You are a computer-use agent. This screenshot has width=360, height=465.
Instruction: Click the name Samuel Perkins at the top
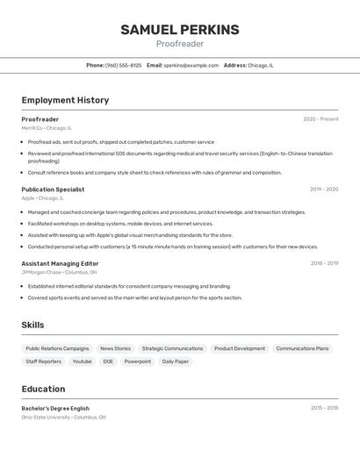[180, 30]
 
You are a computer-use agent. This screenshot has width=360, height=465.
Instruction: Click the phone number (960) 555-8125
[123, 66]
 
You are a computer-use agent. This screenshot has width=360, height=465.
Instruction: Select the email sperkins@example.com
[191, 66]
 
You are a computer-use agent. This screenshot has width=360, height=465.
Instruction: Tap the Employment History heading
[65, 100]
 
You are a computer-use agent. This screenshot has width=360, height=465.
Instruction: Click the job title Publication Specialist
[53, 190]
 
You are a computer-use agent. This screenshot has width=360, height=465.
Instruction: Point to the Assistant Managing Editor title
[60, 263]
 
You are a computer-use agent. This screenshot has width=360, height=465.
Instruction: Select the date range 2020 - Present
[320, 119]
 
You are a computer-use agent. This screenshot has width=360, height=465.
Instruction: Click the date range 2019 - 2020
[324, 190]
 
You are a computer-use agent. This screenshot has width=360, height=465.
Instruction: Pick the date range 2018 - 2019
[324, 263]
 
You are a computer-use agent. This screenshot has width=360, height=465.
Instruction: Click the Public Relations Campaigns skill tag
[57, 348]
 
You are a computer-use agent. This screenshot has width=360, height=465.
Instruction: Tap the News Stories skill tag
[115, 348]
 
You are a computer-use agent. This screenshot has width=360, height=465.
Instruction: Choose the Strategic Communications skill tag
[172, 348]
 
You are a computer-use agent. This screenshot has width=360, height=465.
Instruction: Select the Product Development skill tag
[240, 348]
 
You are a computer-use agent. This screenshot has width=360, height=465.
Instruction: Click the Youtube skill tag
[82, 361]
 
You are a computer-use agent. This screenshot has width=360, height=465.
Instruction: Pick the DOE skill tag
[108, 361]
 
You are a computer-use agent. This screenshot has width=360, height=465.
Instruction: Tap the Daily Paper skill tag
[175, 361]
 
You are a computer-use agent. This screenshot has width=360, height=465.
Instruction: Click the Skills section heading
[32, 325]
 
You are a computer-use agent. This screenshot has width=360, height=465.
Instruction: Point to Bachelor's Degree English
[55, 409]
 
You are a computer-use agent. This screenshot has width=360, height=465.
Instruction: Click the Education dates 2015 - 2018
[324, 409]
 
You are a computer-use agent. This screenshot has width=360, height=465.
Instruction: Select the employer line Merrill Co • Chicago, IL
[47, 128]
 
